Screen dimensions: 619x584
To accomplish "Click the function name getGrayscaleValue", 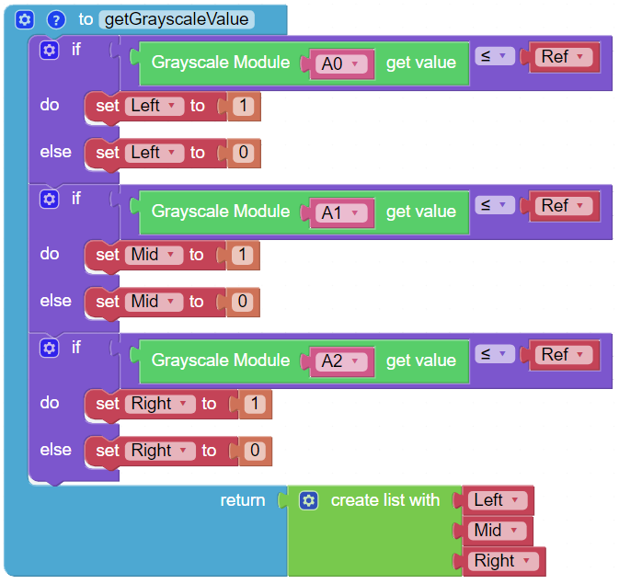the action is (177, 19).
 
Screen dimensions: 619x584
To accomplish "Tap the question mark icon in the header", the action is (56, 19).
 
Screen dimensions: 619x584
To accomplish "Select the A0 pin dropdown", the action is (341, 63).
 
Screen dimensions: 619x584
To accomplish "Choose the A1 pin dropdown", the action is (341, 212).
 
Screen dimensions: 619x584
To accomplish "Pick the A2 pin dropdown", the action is (341, 361).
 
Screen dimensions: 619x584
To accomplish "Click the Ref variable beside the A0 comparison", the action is (564, 57).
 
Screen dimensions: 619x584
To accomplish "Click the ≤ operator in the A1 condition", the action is (495, 204).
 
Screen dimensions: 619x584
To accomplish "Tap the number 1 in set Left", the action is (243, 106).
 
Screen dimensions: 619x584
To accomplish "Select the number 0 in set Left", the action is (243, 153).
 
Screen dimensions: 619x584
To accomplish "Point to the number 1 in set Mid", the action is (243, 255).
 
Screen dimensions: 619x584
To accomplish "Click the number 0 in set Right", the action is (255, 450).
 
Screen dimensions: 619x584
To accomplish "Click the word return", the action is (243, 500).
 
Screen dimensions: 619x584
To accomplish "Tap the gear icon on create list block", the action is (308, 500).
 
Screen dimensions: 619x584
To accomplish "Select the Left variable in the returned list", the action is (498, 500).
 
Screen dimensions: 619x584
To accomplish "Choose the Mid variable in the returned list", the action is (497, 531).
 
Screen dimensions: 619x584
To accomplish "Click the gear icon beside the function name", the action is (25, 19).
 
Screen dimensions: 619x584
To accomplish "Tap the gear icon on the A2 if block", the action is (50, 348).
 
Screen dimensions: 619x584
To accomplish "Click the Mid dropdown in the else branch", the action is (154, 302).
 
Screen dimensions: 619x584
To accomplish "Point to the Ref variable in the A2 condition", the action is (564, 355).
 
